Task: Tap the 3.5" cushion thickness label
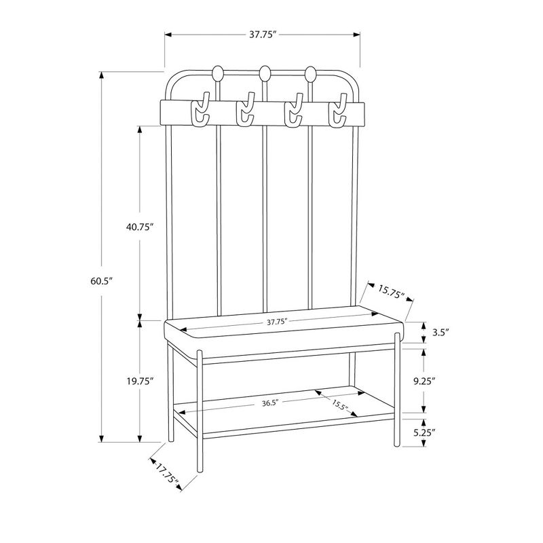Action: pyautogui.click(x=441, y=333)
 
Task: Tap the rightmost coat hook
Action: pyautogui.click(x=337, y=113)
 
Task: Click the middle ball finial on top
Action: pyautogui.click(x=265, y=73)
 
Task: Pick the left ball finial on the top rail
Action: pyautogui.click(x=219, y=73)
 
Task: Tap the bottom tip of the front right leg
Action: pyautogui.click(x=396, y=445)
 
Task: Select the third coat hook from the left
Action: pyautogui.click(x=293, y=113)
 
